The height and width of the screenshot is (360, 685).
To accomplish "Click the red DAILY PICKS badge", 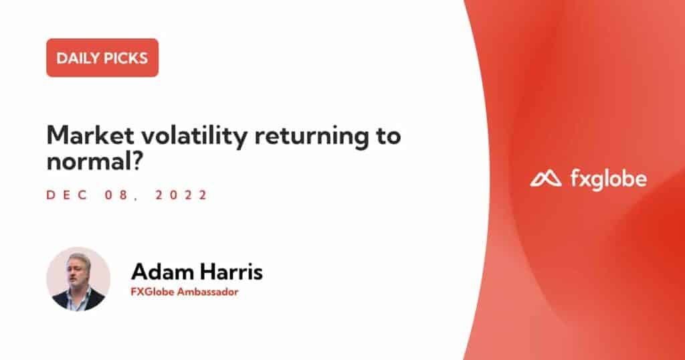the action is [102, 58].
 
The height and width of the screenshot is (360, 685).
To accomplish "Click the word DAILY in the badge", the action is [76, 58].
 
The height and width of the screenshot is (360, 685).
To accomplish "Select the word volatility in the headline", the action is [195, 137].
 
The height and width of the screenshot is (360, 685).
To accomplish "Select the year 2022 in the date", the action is [181, 195].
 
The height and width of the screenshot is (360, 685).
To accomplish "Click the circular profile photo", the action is [78, 279].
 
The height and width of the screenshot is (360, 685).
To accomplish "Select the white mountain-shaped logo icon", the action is [546, 179].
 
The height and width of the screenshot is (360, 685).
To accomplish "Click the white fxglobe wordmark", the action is [609, 179].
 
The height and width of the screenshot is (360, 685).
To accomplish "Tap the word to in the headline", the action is [388, 137].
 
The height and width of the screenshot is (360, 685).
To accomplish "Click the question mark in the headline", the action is [138, 161].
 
